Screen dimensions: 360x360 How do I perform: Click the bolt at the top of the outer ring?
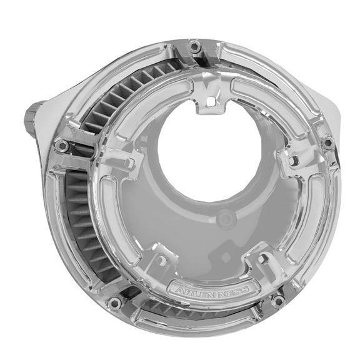click(x=195, y=46)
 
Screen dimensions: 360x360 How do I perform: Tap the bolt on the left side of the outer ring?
click(x=61, y=146)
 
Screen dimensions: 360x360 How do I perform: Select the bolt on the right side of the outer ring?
click(x=326, y=142)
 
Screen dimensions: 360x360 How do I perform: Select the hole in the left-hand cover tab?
click(x=128, y=163)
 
